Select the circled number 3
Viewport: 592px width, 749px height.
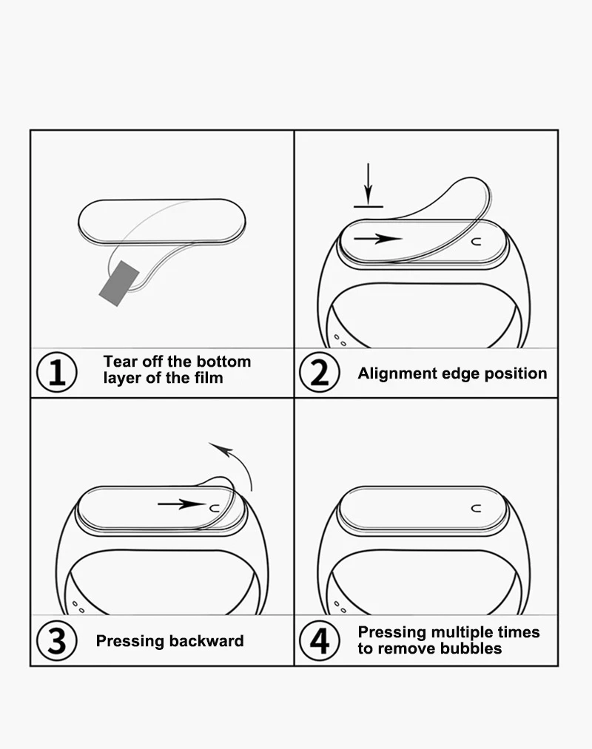pyautogui.click(x=56, y=641)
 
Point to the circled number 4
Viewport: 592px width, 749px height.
pyautogui.click(x=319, y=641)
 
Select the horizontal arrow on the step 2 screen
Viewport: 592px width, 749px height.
pyautogui.click(x=377, y=239)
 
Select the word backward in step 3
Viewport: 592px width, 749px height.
pyautogui.click(x=210, y=641)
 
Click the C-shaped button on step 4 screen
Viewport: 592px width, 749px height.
pyautogui.click(x=476, y=508)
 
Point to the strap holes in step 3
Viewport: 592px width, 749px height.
pyautogui.click(x=77, y=606)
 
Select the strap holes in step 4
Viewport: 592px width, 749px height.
pyautogui.click(x=340, y=606)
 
